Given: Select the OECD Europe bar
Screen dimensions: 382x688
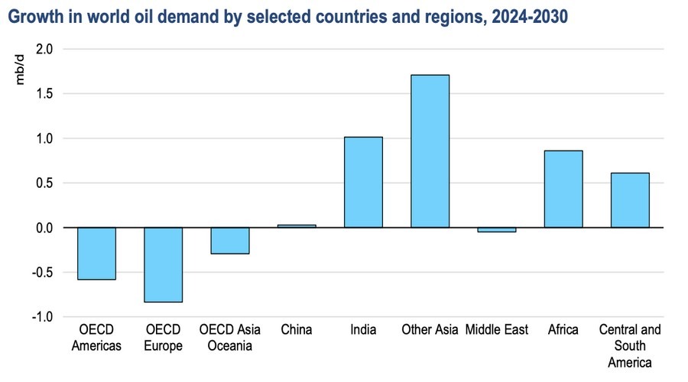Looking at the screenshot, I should tap(163, 264).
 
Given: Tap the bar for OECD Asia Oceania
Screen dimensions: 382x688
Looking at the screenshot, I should tap(229, 241).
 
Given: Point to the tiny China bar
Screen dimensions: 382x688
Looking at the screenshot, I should tap(297, 226).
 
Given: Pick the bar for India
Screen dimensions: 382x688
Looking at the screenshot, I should tap(363, 183).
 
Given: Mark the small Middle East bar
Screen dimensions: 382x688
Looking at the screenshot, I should tap(496, 229).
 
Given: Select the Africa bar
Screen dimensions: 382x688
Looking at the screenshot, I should tap(563, 189).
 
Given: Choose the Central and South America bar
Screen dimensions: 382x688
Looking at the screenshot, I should tap(630, 200).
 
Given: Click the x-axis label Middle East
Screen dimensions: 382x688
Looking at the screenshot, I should tap(497, 330).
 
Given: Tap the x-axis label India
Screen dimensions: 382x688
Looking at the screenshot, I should tap(363, 330).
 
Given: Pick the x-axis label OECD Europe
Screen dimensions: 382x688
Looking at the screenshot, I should tap(163, 337).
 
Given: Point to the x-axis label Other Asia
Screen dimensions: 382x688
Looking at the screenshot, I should tap(430, 330).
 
